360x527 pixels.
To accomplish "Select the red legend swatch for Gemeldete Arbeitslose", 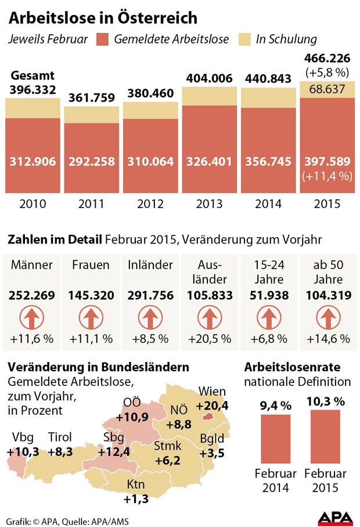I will coord(102,40).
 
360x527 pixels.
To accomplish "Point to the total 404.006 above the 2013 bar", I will coord(209,78).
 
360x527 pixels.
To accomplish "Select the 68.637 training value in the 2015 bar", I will coord(326,89).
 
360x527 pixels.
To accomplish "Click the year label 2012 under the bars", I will coord(150,205).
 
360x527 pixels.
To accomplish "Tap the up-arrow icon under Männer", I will coord(32,318).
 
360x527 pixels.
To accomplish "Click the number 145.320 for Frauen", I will coord(91,296).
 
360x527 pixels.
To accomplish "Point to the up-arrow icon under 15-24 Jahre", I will coord(268,318).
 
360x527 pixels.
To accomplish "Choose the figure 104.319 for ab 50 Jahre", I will coord(327,296).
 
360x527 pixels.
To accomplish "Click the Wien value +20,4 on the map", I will coord(212,406).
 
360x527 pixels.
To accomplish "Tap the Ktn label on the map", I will coord(136,483).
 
